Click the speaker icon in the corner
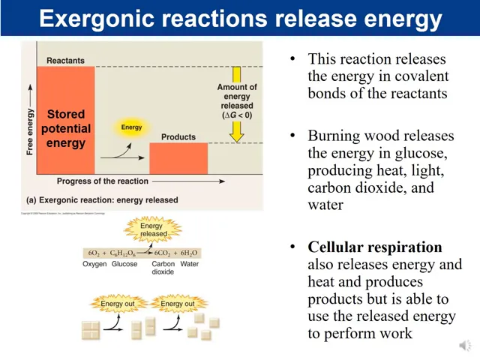click(466, 346)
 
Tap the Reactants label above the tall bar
click(65, 60)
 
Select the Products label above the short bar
click(178, 136)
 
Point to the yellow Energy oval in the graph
click(131, 127)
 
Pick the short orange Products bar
click(178, 158)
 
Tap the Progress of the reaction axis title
click(102, 181)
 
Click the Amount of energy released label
click(237, 101)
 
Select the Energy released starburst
click(154, 229)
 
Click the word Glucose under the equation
click(124, 264)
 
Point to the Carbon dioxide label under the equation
click(163, 268)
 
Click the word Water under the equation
click(190, 264)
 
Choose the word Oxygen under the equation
click(95, 264)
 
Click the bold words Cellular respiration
click(375, 247)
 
